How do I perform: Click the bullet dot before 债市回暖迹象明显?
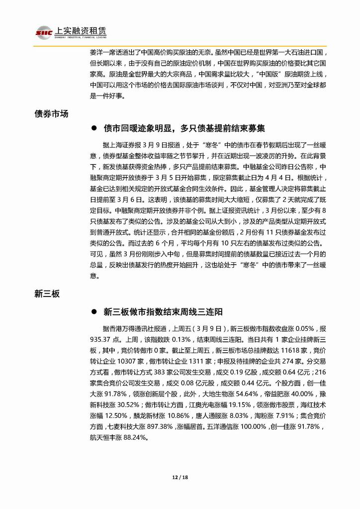point(92,128)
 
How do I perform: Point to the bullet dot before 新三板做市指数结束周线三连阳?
point(92,312)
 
